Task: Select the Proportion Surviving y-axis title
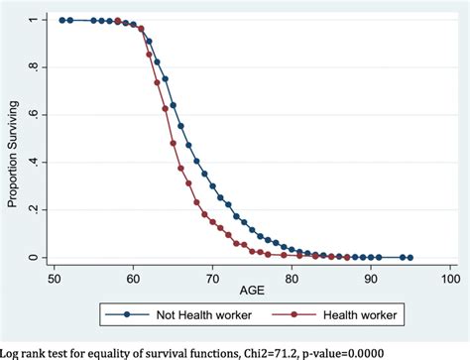coord(11,139)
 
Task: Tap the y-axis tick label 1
coord(35,20)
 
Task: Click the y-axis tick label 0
coord(35,258)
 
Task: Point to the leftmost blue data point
coord(60,20)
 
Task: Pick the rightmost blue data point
coord(410,258)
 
